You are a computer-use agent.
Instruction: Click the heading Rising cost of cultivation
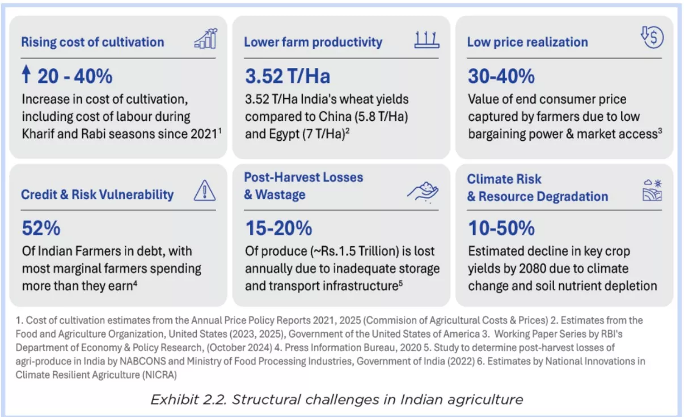point(92,42)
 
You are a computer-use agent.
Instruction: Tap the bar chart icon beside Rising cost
point(205,39)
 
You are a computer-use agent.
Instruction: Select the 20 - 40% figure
point(75,75)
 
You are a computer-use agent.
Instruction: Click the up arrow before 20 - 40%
point(26,74)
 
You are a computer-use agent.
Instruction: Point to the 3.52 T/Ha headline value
point(288,75)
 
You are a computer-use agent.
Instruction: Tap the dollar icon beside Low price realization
point(652,38)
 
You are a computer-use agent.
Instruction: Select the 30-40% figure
point(501,75)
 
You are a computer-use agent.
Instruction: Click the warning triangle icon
point(205,191)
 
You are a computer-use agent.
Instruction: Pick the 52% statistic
point(41,228)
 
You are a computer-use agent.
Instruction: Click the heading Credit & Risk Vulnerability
point(97,194)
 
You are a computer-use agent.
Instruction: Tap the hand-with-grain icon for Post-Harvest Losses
point(423,192)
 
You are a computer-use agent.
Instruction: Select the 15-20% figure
point(278,228)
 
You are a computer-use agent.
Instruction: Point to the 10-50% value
point(501,228)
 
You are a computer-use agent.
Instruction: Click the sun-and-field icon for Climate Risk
point(652,190)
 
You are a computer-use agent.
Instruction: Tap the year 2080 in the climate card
point(548,268)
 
